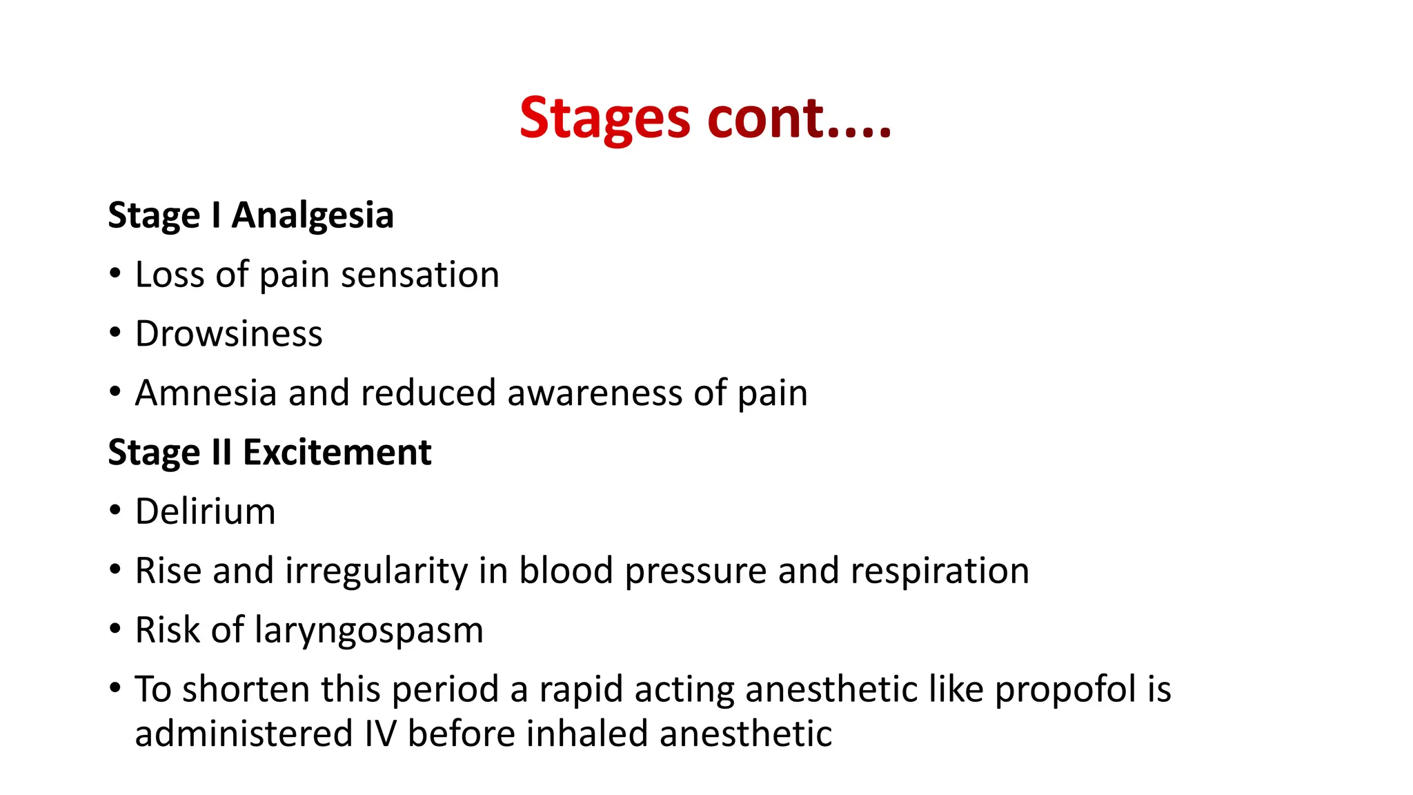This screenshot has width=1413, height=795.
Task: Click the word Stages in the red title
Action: [604, 119]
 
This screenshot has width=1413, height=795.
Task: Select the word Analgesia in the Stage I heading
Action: [313, 215]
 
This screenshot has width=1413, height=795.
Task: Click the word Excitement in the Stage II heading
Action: [337, 453]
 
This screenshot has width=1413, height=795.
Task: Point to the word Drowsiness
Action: [228, 334]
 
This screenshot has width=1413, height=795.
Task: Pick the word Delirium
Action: [205, 512]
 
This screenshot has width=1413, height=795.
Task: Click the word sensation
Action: [419, 275]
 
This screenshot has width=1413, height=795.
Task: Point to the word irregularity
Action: [376, 571]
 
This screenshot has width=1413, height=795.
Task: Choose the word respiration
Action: [939, 571]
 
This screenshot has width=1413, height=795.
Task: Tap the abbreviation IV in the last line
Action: [380, 734]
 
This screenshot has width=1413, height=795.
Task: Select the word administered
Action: [244, 734]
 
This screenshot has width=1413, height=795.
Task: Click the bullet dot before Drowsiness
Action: [115, 333]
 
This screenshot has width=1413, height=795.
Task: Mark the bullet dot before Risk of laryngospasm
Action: [115, 629]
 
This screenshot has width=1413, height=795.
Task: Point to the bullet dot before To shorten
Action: [115, 688]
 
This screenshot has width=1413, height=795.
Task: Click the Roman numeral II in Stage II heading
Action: [221, 453]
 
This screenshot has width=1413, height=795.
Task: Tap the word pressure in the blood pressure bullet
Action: [695, 571]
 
